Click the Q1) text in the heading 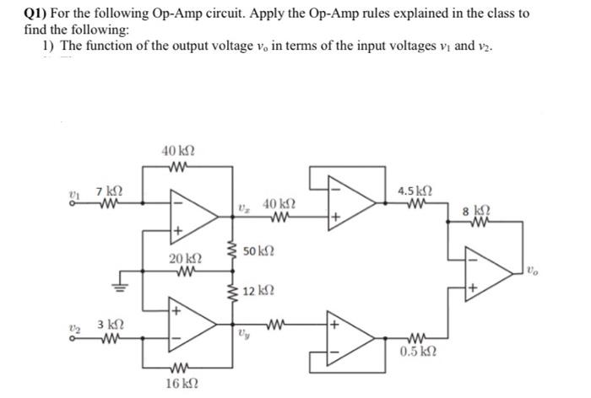(x=40, y=13)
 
